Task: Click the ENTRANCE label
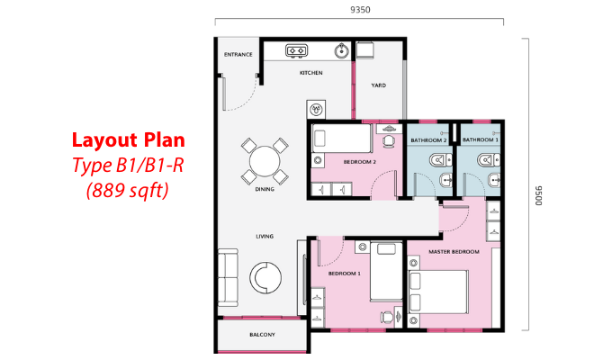238,55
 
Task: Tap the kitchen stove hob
297,50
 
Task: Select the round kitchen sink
342,50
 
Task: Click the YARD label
379,85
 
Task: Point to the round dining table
265,161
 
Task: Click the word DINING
265,189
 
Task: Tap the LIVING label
265,236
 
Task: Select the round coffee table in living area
265,277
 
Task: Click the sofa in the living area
228,277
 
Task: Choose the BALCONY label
262,335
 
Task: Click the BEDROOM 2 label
359,162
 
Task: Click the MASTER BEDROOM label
454,252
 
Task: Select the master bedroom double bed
438,292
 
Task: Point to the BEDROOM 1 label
344,274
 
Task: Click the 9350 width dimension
360,10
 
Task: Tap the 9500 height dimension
538,195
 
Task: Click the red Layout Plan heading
129,140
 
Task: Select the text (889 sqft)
128,191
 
